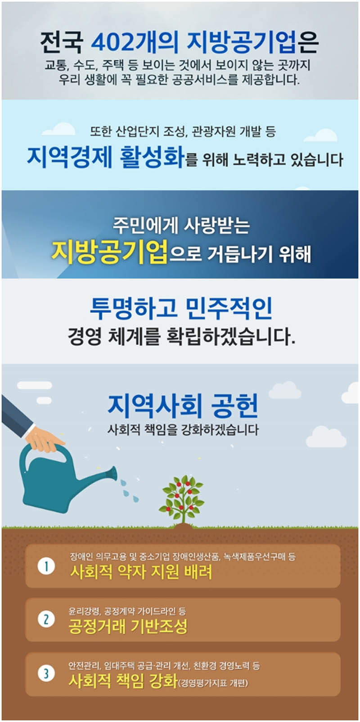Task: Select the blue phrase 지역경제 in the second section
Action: (x=70, y=157)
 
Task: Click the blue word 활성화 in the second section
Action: (x=152, y=157)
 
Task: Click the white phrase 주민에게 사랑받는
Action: (x=181, y=226)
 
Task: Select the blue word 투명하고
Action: (x=134, y=308)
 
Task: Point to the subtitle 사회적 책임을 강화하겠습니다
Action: (x=183, y=430)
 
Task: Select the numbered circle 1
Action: (x=46, y=566)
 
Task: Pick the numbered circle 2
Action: (x=46, y=619)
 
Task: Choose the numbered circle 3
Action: (x=46, y=673)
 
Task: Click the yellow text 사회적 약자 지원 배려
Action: (x=141, y=572)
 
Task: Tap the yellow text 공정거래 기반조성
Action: (x=128, y=626)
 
